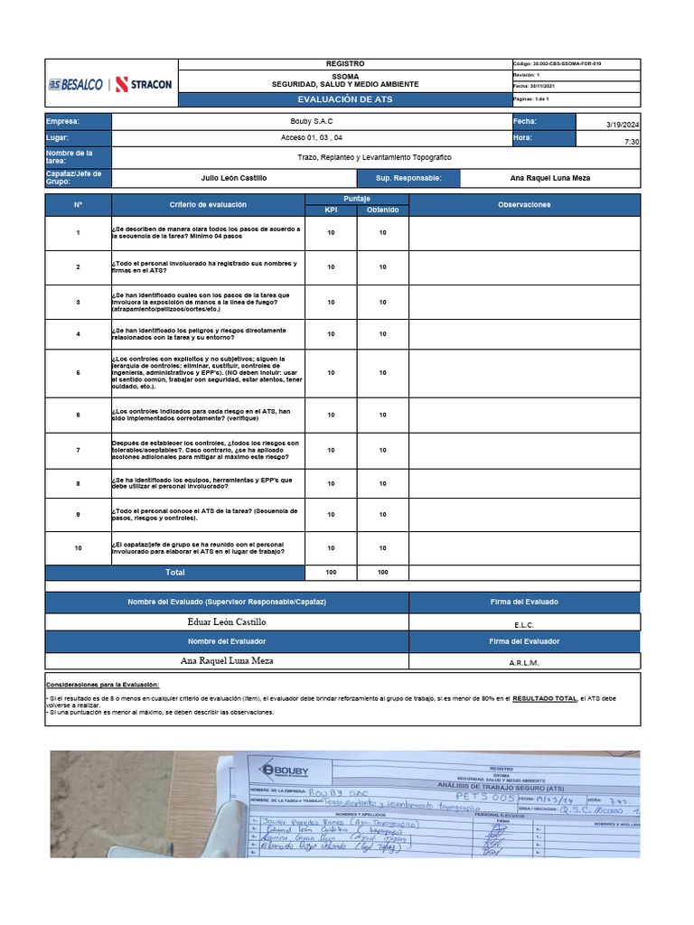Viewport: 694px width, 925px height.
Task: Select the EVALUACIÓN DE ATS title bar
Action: [344, 98]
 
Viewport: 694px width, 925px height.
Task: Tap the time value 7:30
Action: [632, 142]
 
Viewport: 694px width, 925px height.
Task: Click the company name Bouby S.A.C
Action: [311, 122]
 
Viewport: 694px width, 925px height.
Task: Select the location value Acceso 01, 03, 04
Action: [311, 138]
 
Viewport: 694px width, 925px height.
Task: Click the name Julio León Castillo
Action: [233, 178]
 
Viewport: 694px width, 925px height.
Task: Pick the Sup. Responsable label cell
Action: [408, 178]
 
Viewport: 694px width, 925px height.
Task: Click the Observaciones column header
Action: [524, 205]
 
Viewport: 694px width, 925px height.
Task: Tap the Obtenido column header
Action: [382, 210]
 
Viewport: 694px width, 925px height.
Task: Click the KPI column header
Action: [331, 210]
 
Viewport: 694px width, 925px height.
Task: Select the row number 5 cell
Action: [78, 372]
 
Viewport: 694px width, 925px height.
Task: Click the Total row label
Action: [174, 573]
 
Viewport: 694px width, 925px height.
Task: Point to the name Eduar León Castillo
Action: [227, 622]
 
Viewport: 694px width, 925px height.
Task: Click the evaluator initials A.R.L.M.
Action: [524, 662]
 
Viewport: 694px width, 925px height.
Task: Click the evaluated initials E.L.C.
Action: [524, 624]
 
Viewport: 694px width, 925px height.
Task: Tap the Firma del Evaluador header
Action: [524, 641]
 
